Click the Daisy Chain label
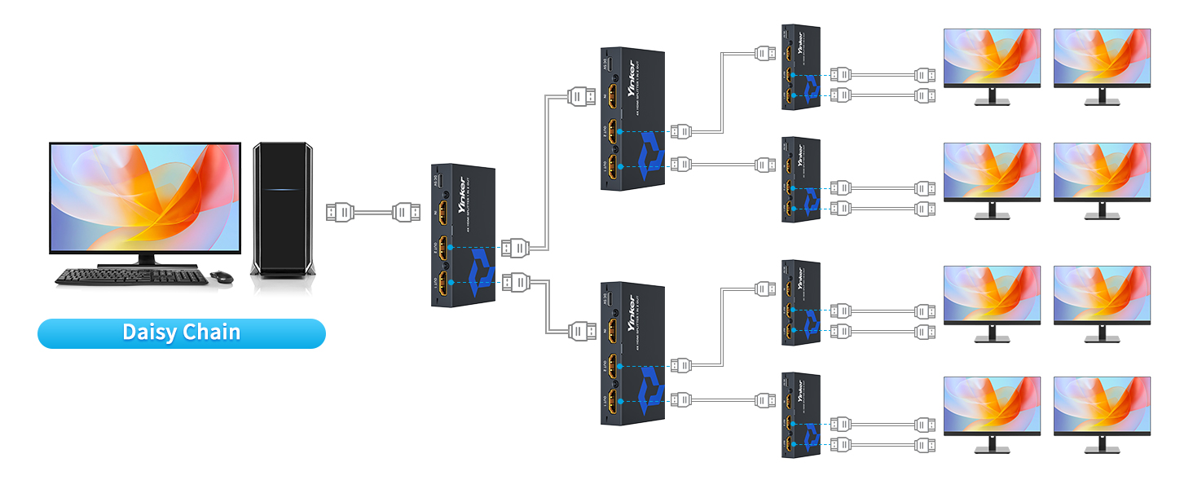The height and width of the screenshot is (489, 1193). [181, 333]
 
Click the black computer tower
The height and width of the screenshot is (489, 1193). [281, 209]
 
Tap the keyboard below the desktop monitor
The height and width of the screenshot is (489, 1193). [130, 277]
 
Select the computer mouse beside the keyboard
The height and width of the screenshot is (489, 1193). [221, 277]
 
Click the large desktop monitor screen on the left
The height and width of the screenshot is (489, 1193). [145, 197]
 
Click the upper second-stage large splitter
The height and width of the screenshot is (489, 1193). [632, 118]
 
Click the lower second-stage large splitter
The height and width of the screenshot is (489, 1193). [632, 353]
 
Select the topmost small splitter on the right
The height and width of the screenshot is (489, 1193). [799, 65]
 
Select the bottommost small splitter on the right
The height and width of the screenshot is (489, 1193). [799, 414]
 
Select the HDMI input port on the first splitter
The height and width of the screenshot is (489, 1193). [444, 214]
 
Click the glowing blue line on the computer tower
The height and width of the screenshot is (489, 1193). [281, 189]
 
